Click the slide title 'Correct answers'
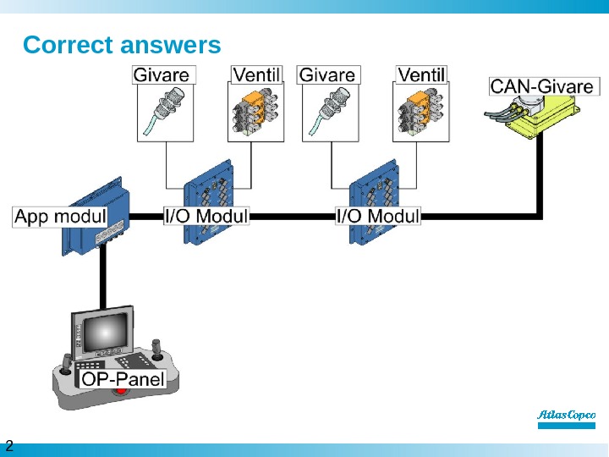pos(122,44)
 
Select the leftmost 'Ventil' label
pos(256,74)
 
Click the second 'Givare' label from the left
pos(326,74)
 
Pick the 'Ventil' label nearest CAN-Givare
pos(421,74)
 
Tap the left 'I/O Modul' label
pos(206,216)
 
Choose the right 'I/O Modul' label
pos(378,216)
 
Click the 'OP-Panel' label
pos(123,378)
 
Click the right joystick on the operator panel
pos(157,349)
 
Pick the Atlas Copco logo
pos(567,416)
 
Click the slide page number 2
pos(9,446)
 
